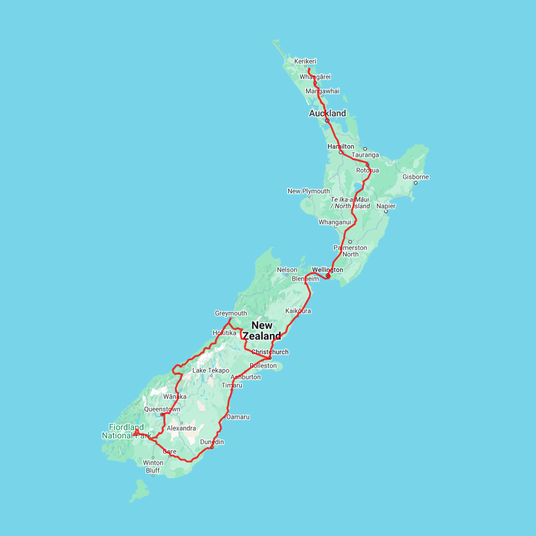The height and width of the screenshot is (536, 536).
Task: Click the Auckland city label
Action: (x=327, y=113)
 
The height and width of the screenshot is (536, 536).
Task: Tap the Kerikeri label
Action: (x=305, y=61)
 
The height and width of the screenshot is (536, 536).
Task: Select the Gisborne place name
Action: (x=416, y=177)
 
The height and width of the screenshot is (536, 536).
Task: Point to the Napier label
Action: (x=386, y=206)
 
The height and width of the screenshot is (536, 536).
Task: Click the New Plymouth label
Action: (x=308, y=191)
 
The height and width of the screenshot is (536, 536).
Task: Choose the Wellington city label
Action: (x=328, y=270)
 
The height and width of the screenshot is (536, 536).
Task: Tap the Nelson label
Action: (x=287, y=270)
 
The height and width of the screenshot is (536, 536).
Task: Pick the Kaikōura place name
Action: (x=298, y=311)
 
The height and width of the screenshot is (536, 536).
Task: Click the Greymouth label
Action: (x=230, y=313)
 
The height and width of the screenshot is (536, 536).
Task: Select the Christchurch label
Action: (x=270, y=352)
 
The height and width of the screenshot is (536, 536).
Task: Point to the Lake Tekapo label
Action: (x=211, y=370)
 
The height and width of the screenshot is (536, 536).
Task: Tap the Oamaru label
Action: (x=238, y=417)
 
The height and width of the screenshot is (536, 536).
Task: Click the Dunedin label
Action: (x=212, y=441)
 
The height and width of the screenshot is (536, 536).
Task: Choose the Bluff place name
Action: (x=153, y=470)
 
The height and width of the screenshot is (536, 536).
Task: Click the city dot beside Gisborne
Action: (x=416, y=183)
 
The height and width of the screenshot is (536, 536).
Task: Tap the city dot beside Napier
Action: (x=386, y=211)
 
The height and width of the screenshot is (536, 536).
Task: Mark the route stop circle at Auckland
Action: (x=327, y=120)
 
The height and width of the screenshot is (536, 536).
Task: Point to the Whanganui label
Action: (x=335, y=222)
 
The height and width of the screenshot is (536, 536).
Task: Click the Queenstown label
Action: (x=162, y=409)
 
